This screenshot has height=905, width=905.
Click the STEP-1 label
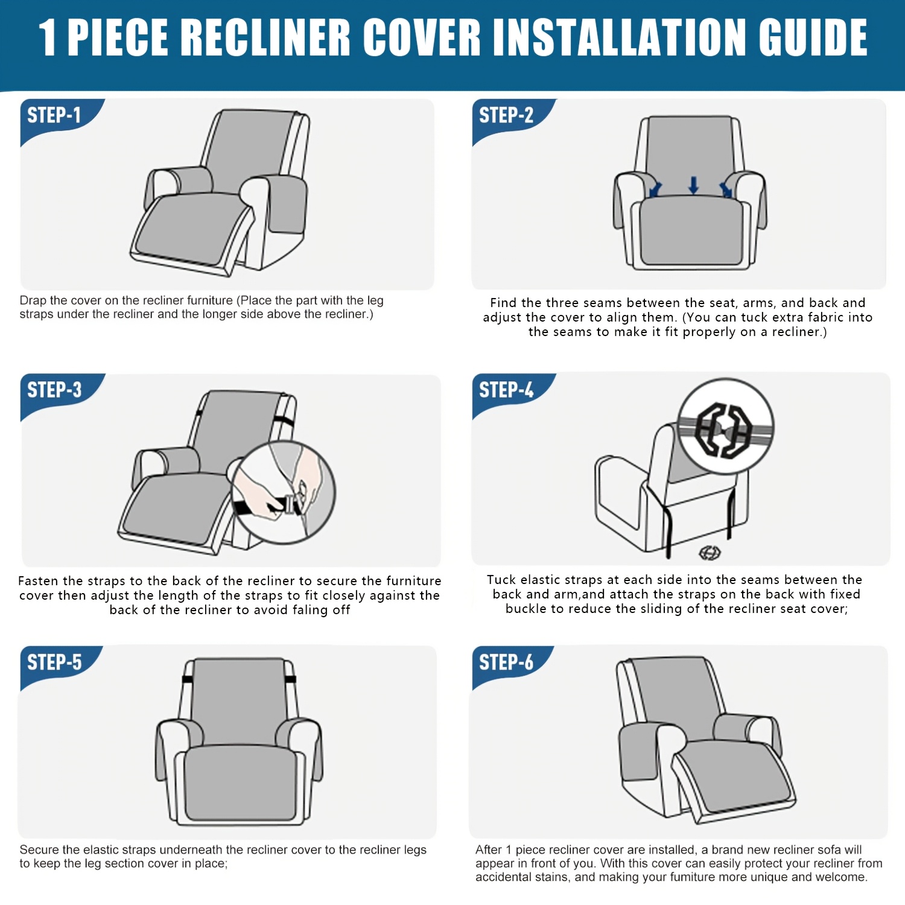click(54, 115)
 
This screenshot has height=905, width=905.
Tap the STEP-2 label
click(506, 115)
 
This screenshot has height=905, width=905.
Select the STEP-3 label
click(54, 390)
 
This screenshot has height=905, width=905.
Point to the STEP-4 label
click(506, 390)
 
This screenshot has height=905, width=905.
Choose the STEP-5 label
click(54, 662)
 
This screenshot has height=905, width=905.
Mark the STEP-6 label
click(506, 662)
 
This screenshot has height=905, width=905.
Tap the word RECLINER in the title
click(265, 37)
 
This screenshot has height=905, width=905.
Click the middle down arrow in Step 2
click(693, 185)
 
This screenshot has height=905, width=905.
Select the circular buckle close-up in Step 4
click(725, 427)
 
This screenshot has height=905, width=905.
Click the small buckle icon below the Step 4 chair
click(710, 552)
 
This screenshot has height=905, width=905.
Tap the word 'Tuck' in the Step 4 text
click(501, 580)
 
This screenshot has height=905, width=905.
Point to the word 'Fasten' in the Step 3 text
click(38, 581)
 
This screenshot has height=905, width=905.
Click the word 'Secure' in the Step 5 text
click(39, 849)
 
